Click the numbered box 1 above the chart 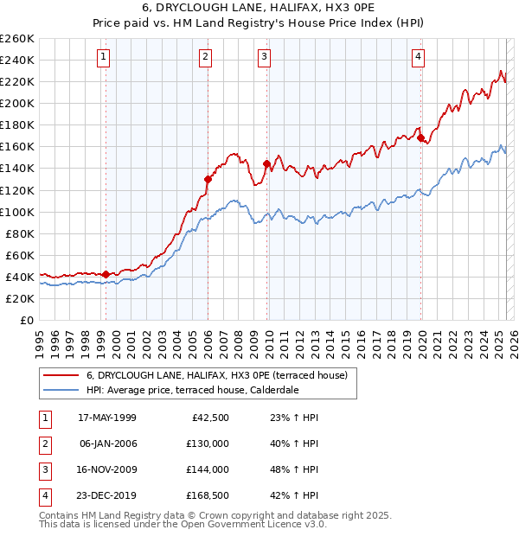pos(103,58)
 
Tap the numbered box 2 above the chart pos(205,58)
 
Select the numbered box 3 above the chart pos(264,58)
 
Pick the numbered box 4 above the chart pos(418,58)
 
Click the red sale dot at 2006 pos(208,179)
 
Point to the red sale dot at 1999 pos(106,274)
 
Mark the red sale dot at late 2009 pos(266,163)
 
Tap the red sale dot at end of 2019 pos(420,137)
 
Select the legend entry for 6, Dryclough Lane pos(216,375)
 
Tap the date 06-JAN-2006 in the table pos(107,443)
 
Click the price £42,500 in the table pos(208,418)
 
